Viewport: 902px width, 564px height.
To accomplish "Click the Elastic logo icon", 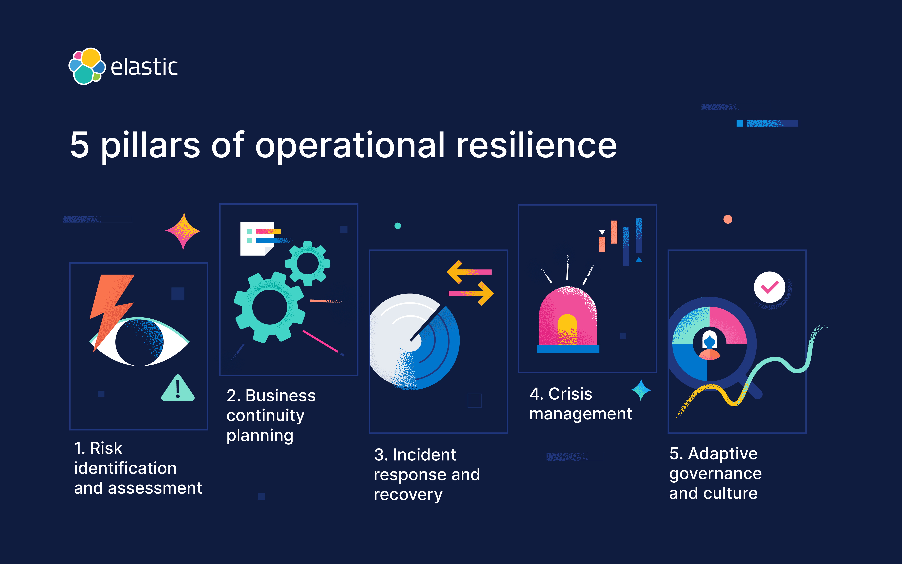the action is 87,66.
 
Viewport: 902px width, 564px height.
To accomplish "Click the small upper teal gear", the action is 308,263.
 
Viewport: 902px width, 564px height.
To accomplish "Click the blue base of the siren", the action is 568,349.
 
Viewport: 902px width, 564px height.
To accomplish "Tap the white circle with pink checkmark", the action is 769,287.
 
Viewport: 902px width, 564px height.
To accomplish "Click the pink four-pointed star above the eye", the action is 183,231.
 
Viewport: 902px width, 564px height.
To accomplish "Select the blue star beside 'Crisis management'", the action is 641,390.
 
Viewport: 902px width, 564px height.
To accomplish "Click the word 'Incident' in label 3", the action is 424,455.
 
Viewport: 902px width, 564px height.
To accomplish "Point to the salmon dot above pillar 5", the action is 728,219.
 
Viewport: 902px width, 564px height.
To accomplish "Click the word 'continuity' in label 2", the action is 265,415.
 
